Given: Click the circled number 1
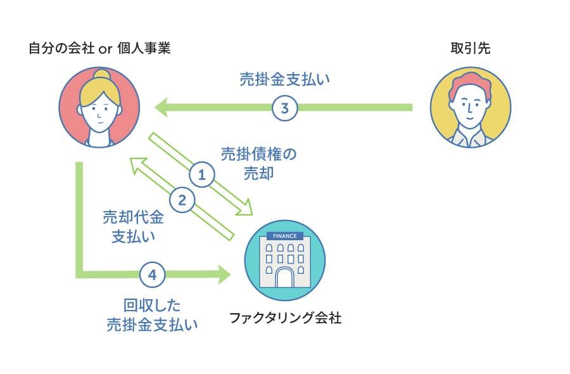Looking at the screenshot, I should coord(202,174).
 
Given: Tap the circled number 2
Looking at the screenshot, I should coord(182,201).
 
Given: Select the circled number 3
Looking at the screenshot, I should coord(285,108).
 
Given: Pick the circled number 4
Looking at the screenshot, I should coord(152,275).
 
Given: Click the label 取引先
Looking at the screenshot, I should coord(471,48).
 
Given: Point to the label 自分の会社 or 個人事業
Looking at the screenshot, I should coord(99,48).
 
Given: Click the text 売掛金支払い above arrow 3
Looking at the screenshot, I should coord(285,80).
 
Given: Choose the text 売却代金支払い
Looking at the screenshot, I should coord(133,227).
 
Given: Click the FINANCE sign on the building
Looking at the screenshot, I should coord(284,236).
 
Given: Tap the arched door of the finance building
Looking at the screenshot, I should coord(284,277).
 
